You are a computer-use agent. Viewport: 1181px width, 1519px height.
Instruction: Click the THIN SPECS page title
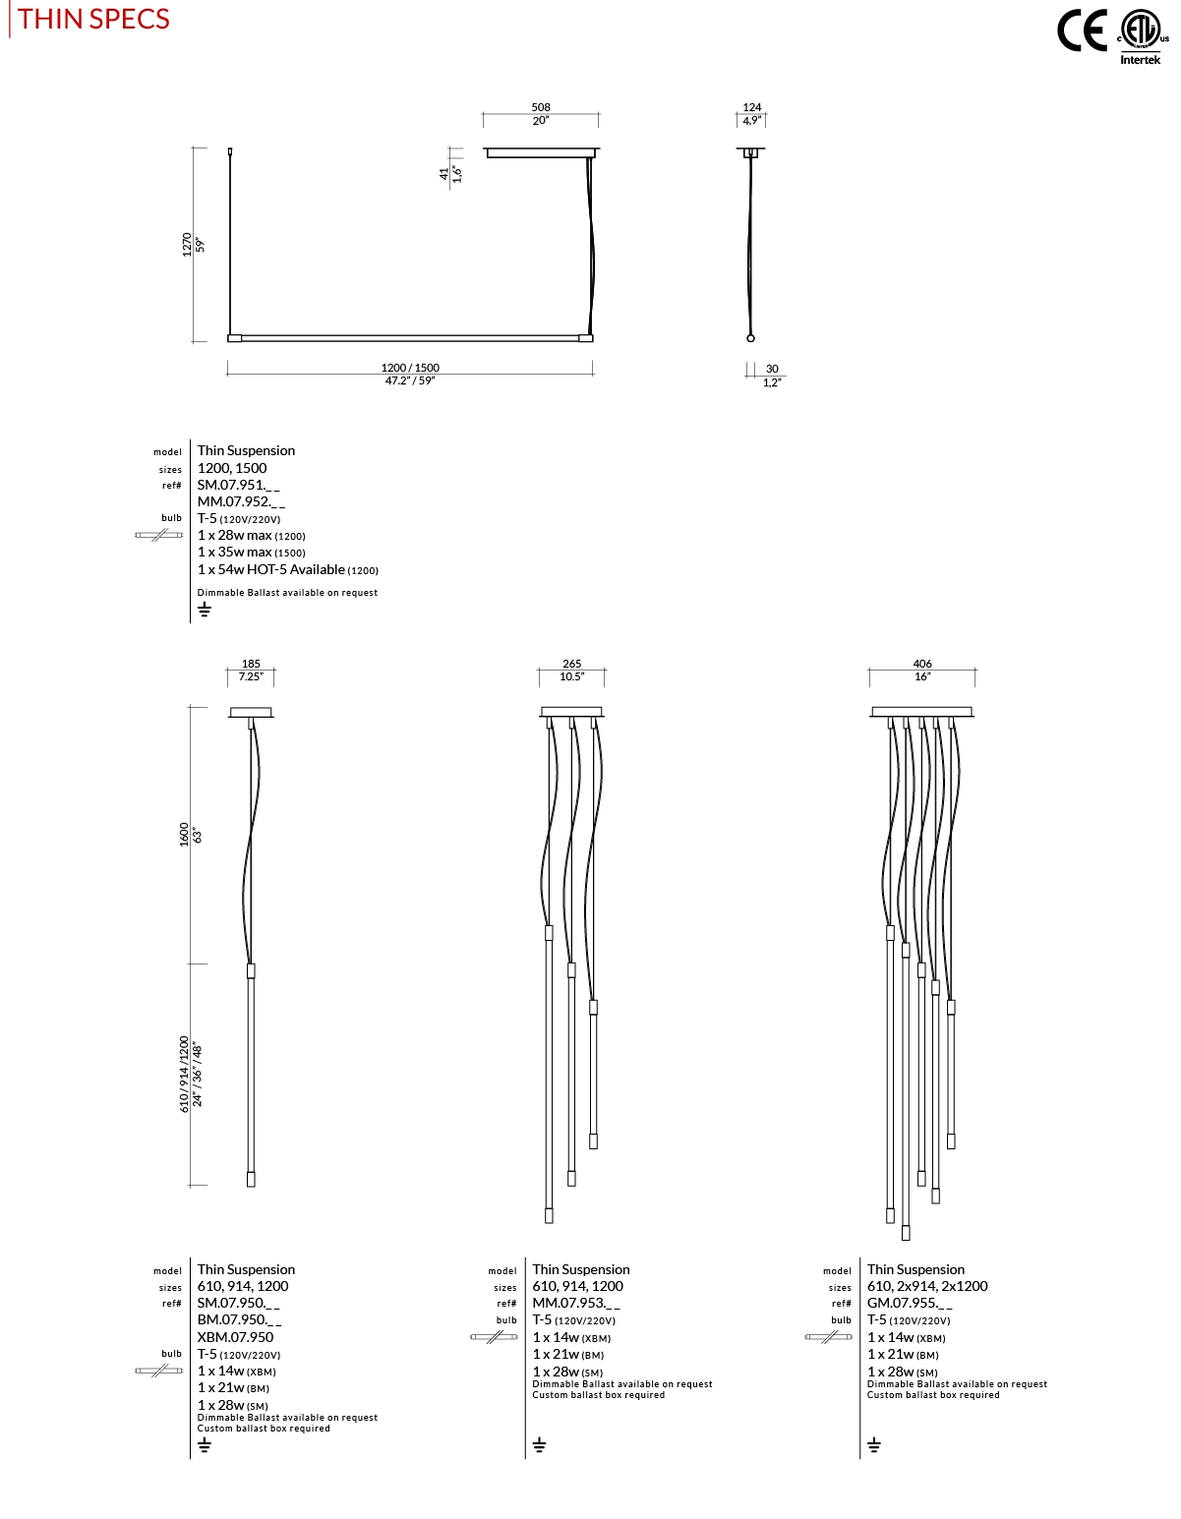93,19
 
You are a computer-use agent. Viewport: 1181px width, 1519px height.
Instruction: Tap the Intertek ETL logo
1141,37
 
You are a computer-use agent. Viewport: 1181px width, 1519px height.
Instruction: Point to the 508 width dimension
540,107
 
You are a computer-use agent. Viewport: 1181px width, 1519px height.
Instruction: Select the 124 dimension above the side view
751,107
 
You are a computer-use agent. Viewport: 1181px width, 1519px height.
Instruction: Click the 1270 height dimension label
187,245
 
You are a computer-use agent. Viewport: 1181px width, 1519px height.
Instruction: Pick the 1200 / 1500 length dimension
410,368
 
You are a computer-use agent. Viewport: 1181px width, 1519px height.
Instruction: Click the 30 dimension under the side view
772,369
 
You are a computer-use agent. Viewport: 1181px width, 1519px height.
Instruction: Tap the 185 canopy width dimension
251,664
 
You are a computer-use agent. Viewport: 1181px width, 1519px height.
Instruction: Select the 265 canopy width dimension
571,664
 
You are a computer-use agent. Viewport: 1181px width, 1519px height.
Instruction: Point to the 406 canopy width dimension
921,664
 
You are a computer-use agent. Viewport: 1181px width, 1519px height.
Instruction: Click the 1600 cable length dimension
184,835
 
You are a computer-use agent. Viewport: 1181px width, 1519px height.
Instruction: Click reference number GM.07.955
910,1303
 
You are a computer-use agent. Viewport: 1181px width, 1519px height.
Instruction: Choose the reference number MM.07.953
576,1303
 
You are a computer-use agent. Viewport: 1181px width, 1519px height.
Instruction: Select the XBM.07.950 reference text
235,1337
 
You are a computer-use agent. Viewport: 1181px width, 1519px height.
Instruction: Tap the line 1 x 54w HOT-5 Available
287,569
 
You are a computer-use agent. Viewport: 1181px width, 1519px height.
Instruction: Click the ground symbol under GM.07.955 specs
874,1444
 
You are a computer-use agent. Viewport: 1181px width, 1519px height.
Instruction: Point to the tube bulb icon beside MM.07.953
494,1337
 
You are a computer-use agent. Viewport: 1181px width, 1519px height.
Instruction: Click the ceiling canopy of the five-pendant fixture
921,712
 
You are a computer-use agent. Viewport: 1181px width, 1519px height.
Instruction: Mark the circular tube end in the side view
751,338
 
